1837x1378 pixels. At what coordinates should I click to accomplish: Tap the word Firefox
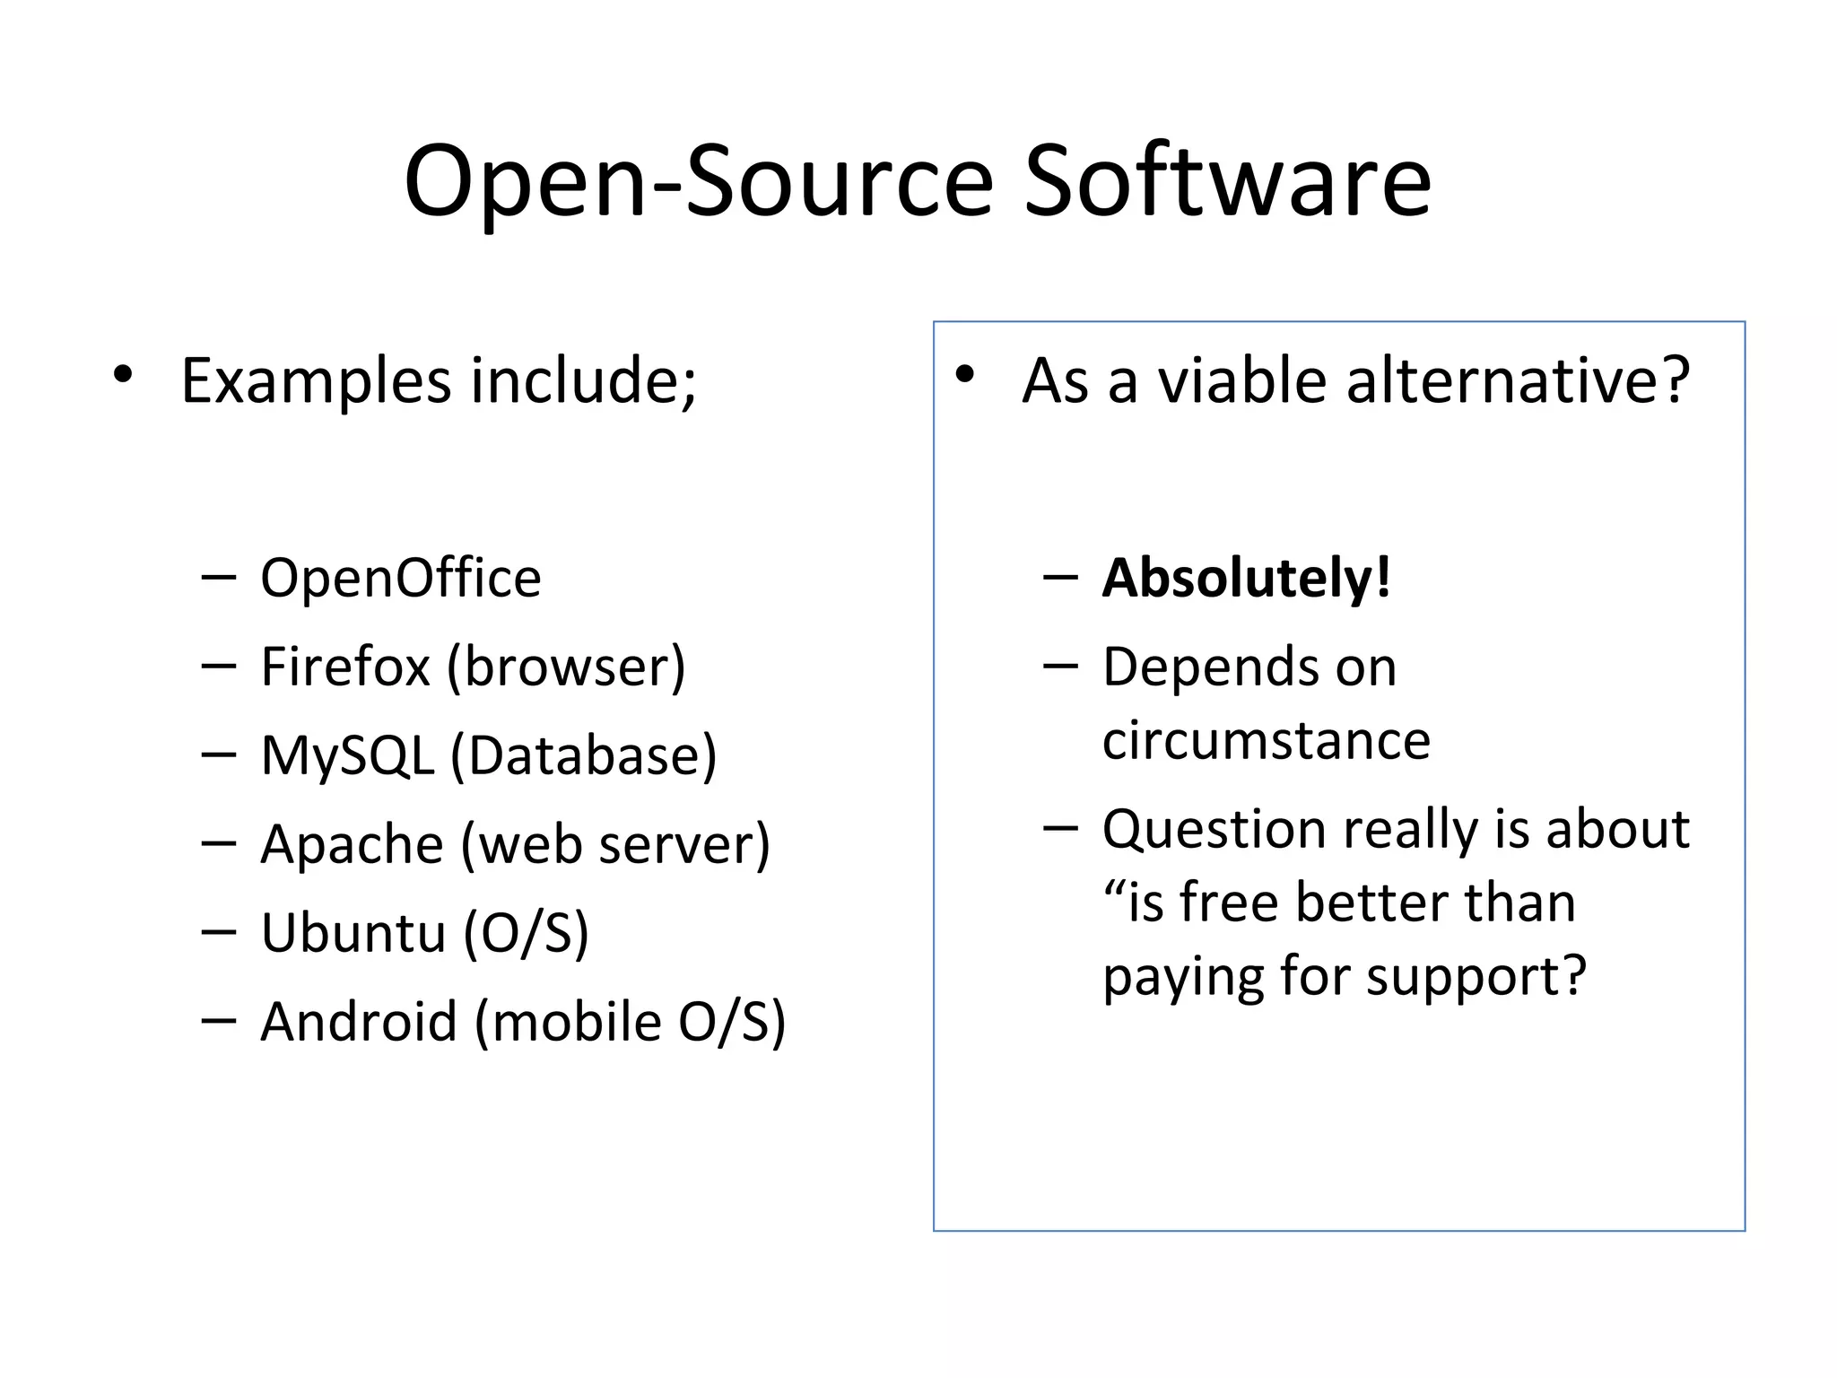(x=345, y=667)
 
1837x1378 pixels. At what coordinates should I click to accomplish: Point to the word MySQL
(x=347, y=755)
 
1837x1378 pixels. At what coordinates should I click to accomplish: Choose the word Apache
(x=352, y=844)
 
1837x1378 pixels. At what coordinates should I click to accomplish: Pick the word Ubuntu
(x=353, y=932)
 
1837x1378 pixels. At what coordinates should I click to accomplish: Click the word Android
(x=359, y=1021)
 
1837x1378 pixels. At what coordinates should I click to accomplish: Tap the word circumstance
(x=1266, y=741)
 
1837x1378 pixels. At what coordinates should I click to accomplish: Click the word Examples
(x=316, y=380)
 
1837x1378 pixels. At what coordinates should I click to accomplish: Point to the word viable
(x=1241, y=380)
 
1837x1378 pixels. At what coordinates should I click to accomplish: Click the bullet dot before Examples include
(x=123, y=374)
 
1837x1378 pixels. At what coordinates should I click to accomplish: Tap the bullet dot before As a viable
(x=964, y=374)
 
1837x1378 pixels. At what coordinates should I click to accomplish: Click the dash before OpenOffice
(x=219, y=577)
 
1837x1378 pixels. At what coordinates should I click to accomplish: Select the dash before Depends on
(x=1060, y=667)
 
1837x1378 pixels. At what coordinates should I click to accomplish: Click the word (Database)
(x=583, y=755)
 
